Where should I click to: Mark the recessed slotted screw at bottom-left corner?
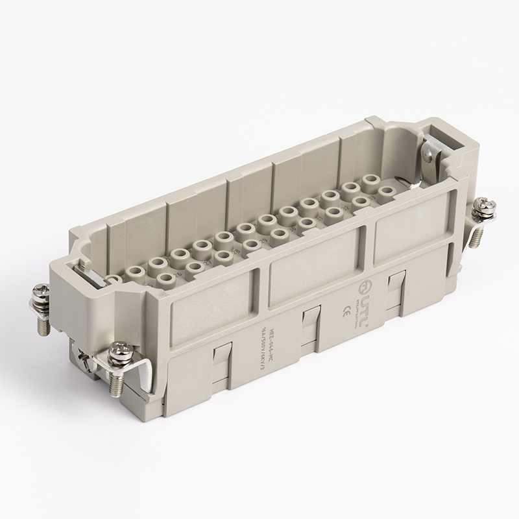point(83,358)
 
